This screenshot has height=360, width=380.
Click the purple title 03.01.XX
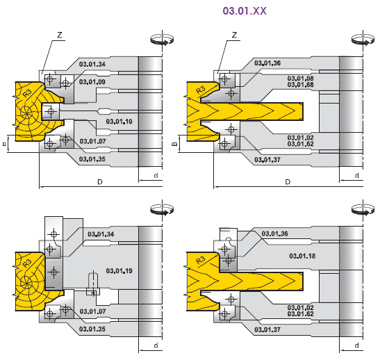[245, 11]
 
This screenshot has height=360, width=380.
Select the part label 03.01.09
[92, 82]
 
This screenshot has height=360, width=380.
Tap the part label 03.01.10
[119, 122]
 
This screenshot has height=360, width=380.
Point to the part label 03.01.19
[119, 271]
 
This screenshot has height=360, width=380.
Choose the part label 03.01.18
[302, 256]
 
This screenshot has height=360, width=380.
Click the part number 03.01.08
[301, 79]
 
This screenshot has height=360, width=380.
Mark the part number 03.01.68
[301, 85]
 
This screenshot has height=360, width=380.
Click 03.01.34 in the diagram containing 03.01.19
[101, 234]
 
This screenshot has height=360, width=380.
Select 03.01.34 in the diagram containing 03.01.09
[92, 64]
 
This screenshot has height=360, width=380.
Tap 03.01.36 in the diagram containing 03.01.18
[275, 234]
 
